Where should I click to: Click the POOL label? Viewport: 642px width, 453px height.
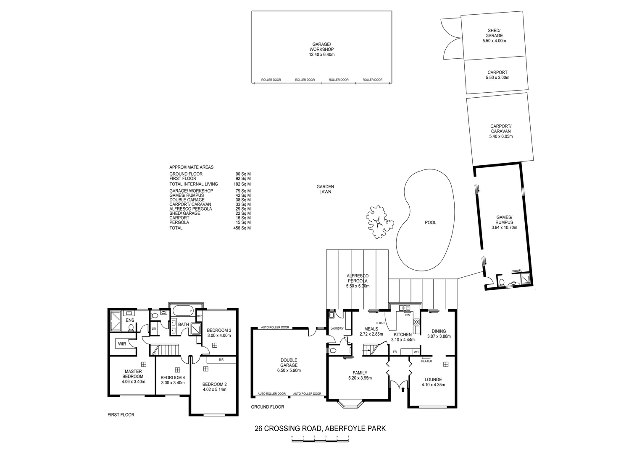pos(430,222)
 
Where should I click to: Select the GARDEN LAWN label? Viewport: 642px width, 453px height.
pos(325,189)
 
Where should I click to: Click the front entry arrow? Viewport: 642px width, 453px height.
pos(403,389)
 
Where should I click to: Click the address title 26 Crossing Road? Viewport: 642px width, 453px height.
pos(320,428)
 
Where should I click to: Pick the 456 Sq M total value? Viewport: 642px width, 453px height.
pos(242,228)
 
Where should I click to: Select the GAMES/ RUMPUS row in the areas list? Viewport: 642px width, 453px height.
pos(210,195)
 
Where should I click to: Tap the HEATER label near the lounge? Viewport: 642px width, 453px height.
pos(426,361)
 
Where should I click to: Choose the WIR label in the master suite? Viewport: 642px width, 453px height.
pos(122,344)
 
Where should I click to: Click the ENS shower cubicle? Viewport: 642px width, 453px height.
pos(116,321)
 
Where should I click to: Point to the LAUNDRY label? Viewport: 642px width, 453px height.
pos(337,328)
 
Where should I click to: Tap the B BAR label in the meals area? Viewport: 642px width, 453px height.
pos(380,323)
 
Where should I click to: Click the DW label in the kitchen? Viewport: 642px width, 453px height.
pos(408,315)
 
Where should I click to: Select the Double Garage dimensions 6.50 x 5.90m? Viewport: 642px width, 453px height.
pos(289,370)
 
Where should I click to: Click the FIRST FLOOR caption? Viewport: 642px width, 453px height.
pos(121,415)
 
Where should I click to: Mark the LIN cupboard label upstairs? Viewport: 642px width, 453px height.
pos(154,328)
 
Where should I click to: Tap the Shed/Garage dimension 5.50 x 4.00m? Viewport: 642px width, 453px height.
pos(494,41)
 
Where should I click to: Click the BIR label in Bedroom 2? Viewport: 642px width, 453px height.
pos(221,360)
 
